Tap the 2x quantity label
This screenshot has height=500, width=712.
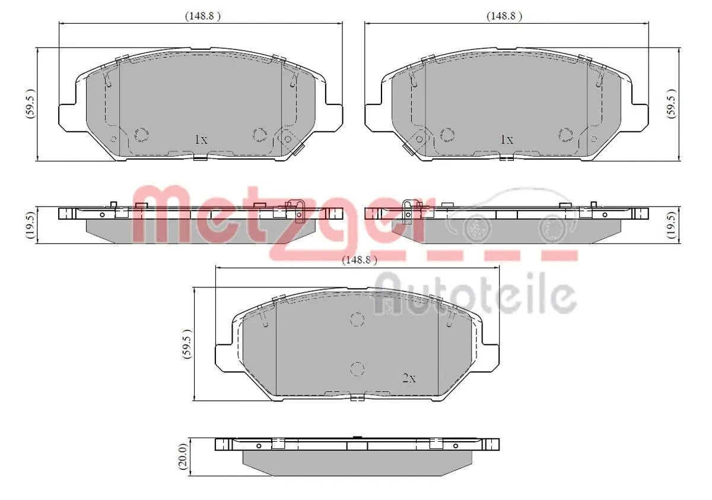click(409, 378)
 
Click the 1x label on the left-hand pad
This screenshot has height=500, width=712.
click(201, 140)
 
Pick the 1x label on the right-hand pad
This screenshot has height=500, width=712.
click(506, 140)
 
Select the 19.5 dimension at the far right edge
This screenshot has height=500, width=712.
click(672, 225)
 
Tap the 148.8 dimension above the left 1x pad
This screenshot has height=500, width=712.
click(202, 17)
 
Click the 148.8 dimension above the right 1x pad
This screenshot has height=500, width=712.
click(504, 17)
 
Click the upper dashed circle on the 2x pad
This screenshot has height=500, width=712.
click(357, 319)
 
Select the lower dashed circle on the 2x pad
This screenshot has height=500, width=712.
click(357, 368)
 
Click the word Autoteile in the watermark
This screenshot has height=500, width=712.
click(475, 293)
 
